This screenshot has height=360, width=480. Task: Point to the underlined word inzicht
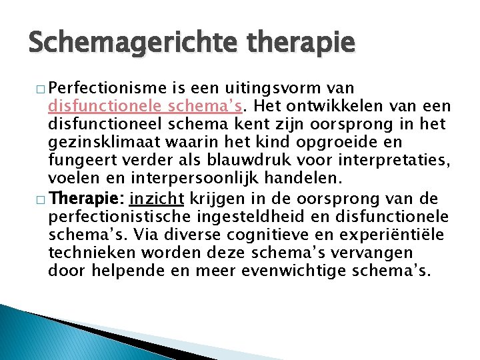tap(157, 198)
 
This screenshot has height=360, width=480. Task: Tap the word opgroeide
tap(340, 143)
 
